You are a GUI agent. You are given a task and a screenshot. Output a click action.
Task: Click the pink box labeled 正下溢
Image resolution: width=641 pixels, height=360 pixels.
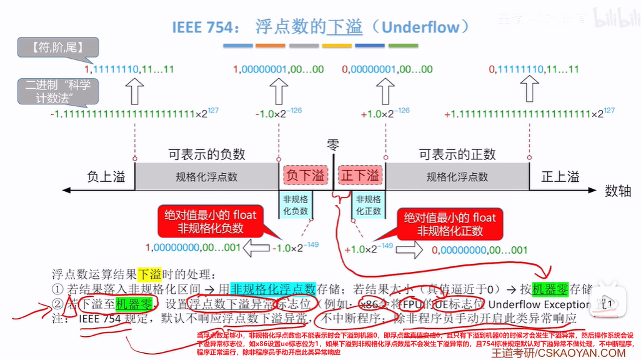pyautogui.click(x=360, y=176)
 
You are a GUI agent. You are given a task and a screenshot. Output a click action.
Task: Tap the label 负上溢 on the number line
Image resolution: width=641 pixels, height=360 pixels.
pyautogui.click(x=106, y=177)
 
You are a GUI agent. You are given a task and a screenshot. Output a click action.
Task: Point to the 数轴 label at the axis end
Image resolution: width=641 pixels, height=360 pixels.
pyautogui.click(x=619, y=191)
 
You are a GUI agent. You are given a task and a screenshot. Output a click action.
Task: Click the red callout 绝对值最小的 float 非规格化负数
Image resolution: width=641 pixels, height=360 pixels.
pyautogui.click(x=211, y=221)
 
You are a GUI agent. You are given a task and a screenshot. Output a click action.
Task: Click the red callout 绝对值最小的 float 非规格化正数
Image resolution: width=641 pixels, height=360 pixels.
pyautogui.click(x=450, y=223)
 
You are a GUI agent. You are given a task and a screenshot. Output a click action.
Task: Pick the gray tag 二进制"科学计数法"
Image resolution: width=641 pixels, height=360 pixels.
pyautogui.click(x=57, y=91)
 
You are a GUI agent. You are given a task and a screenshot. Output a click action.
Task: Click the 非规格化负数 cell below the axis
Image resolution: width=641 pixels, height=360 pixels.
pyautogui.click(x=296, y=204)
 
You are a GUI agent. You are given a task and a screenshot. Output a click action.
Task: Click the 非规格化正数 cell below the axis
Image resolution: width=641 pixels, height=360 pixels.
pyautogui.click(x=369, y=204)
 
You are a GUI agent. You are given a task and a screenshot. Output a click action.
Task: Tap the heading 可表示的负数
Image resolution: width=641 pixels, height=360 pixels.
pyautogui.click(x=207, y=154)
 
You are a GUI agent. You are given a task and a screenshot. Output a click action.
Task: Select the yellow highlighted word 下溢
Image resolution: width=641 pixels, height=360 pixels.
pyautogui.click(x=149, y=274)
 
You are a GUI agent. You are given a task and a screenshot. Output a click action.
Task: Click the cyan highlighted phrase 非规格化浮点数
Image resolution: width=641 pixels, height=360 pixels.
pyautogui.click(x=272, y=289)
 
